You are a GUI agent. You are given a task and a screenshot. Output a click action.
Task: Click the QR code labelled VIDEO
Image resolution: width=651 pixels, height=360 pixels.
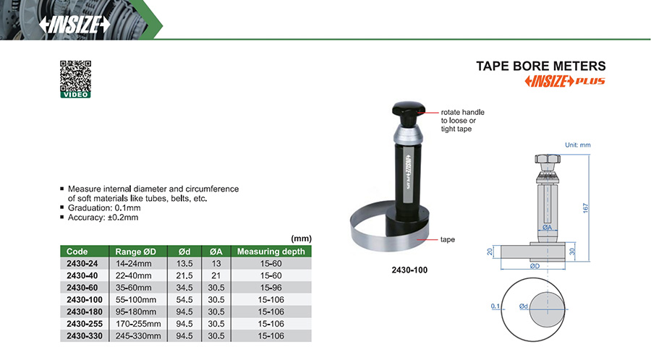point(75,80)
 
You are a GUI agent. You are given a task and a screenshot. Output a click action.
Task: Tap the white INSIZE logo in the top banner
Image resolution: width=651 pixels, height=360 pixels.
point(75,25)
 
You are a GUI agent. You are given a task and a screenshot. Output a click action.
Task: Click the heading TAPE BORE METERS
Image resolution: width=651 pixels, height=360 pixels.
point(540,67)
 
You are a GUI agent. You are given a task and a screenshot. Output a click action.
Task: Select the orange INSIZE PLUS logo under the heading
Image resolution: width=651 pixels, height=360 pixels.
point(565,81)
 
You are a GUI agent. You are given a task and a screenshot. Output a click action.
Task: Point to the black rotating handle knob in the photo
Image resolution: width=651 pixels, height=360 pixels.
point(409,108)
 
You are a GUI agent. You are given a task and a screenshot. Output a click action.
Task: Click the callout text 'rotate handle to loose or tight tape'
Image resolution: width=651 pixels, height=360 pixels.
point(462,121)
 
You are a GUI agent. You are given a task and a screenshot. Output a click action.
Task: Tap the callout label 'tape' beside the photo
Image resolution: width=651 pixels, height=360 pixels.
point(447,240)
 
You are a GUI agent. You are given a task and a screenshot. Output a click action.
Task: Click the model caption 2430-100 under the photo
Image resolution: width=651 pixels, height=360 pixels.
point(409,270)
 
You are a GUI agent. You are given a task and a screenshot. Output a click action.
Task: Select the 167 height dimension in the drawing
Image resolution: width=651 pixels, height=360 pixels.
point(585,207)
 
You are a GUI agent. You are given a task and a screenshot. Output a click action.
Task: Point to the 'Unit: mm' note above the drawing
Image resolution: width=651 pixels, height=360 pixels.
point(577,145)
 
